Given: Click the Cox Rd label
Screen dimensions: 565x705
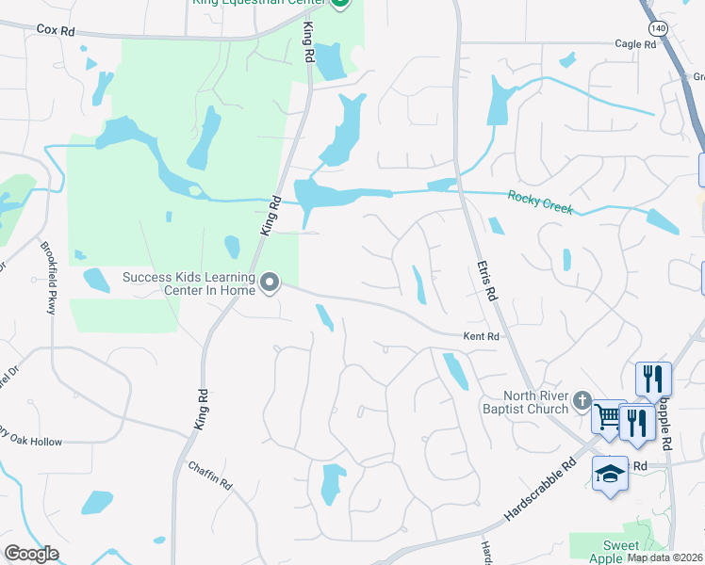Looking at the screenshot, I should (56, 30).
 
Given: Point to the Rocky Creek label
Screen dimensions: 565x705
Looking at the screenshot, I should (540, 201).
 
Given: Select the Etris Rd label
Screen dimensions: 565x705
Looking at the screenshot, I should (486, 282).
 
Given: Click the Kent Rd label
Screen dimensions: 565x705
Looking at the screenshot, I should (480, 336).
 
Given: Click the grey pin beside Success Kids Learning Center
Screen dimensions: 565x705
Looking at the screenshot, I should (271, 282).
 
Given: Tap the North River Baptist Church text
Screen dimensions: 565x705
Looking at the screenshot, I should (535, 402).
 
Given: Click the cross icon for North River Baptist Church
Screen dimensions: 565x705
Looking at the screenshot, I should (582, 401).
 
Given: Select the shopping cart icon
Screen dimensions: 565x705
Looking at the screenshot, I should (609, 416).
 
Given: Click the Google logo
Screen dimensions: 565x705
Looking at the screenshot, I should (30, 554).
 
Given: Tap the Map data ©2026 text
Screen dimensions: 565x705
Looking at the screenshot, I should (664, 557).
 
